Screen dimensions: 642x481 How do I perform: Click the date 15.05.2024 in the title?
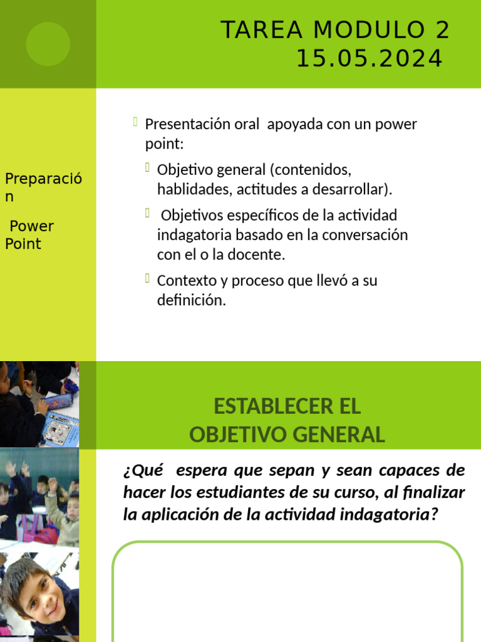(x=370, y=59)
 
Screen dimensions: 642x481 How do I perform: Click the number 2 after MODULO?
(x=441, y=30)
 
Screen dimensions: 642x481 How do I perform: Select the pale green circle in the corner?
(x=48, y=43)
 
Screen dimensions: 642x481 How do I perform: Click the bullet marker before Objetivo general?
(x=147, y=167)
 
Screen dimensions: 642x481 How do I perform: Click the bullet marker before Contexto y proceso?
(x=147, y=278)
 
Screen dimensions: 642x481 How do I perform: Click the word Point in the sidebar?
(x=23, y=244)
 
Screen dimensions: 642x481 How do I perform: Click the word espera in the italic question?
(x=203, y=470)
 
